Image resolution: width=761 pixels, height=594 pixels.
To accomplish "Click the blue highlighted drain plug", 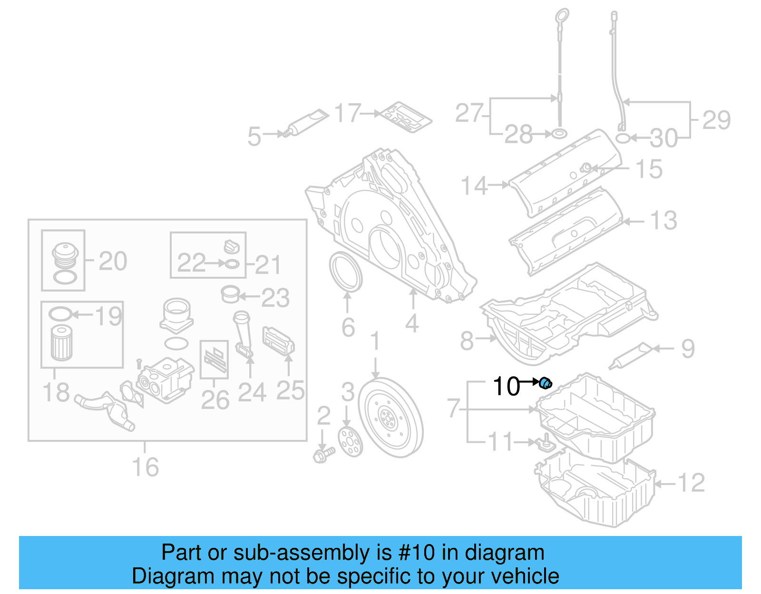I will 546,382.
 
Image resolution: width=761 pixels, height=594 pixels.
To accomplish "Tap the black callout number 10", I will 507,386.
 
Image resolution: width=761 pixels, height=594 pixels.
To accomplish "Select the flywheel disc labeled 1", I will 390,418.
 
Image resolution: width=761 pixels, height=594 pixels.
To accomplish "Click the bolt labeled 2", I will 323,455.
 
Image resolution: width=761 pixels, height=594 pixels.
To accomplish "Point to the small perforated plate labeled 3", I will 350,442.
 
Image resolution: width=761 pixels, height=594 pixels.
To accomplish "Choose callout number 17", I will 348,114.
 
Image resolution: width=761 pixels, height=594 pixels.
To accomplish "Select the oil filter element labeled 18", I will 61,342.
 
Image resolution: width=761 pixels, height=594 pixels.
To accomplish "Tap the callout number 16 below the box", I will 145,467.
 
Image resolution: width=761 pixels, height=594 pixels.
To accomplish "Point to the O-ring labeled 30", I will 624,138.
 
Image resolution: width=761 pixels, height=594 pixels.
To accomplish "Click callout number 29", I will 716,120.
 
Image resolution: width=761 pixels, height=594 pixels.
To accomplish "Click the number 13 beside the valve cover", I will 663,221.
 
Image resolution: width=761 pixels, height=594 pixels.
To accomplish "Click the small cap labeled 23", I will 230,294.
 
